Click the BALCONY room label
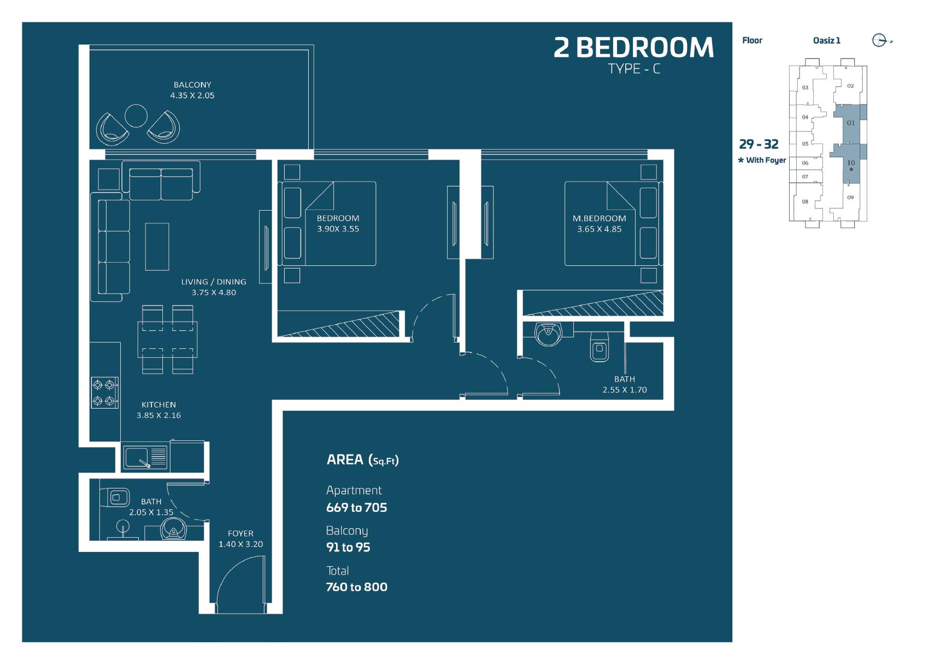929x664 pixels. click(x=192, y=85)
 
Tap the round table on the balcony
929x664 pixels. click(x=136, y=116)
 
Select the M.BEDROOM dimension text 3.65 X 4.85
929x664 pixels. click(x=599, y=229)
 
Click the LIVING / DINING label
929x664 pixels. click(x=214, y=282)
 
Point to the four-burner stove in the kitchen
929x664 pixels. click(x=105, y=393)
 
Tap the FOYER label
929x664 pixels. click(x=240, y=534)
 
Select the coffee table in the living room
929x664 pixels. click(x=157, y=247)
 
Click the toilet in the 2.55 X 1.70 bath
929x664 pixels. click(x=599, y=347)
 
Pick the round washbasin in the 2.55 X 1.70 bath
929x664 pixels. click(x=548, y=334)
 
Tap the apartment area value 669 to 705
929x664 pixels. click(x=357, y=508)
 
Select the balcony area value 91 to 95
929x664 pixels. click(x=348, y=547)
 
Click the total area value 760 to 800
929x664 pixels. click(x=357, y=587)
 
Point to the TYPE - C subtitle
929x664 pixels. click(x=634, y=69)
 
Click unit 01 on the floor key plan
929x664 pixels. click(x=851, y=123)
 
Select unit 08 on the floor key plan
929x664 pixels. click(x=805, y=202)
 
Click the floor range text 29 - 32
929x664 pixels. click(x=759, y=144)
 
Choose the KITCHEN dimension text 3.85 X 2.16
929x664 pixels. click(x=159, y=416)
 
